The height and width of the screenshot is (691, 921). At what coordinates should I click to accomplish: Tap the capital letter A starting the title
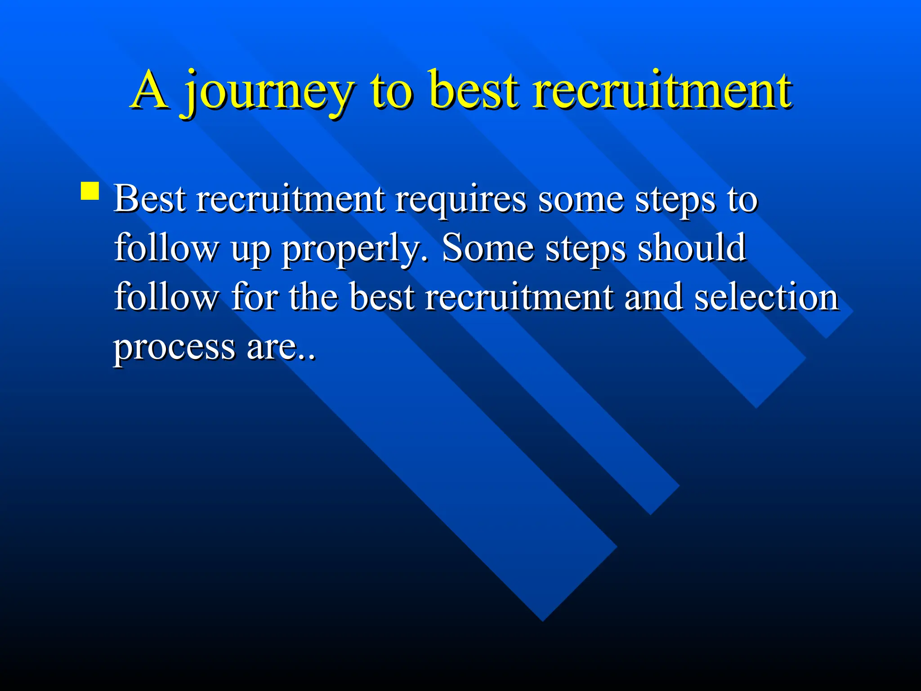tap(151, 90)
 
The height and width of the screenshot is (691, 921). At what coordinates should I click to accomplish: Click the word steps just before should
tap(585, 249)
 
